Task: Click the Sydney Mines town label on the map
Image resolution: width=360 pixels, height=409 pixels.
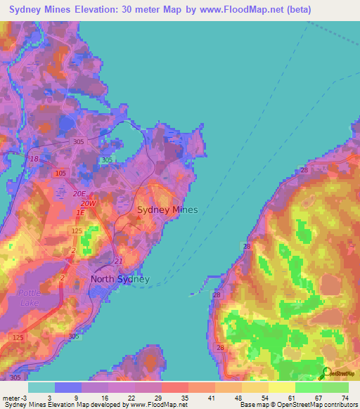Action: (x=167, y=209)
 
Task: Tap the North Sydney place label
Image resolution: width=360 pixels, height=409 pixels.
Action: (x=120, y=279)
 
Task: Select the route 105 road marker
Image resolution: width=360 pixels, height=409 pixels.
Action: (x=60, y=173)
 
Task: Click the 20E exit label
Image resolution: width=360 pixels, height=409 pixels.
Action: (x=78, y=193)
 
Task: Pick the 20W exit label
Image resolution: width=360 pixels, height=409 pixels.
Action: (x=88, y=203)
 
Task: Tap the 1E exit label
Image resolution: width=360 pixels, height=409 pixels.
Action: (x=81, y=212)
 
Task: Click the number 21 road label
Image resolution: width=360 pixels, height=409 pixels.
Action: (x=117, y=261)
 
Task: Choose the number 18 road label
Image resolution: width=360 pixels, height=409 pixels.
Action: (x=34, y=160)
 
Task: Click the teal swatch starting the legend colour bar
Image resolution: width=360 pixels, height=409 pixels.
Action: (x=41, y=387)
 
